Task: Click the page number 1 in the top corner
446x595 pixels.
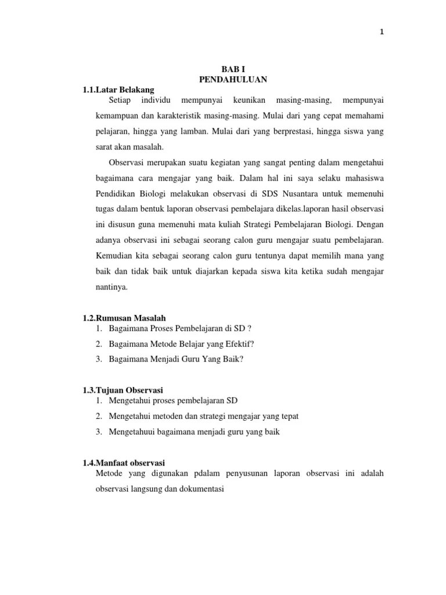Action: click(382, 33)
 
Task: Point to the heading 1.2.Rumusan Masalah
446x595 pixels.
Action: click(124, 318)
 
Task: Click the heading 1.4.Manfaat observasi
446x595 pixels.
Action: click(124, 463)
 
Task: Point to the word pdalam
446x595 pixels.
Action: click(193, 474)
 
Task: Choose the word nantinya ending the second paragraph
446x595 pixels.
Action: click(112, 286)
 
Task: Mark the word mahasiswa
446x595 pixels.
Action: click(362, 177)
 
